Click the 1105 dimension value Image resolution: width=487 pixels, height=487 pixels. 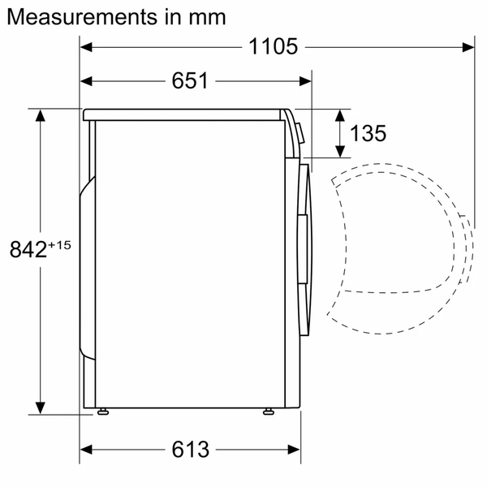point(274,47)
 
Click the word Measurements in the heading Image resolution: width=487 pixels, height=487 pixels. point(77,16)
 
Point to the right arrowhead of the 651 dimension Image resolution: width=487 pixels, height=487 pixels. point(305,81)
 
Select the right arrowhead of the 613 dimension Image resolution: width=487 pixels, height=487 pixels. point(295,449)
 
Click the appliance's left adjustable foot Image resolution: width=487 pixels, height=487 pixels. point(102,412)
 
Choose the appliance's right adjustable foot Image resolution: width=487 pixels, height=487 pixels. point(267,412)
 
